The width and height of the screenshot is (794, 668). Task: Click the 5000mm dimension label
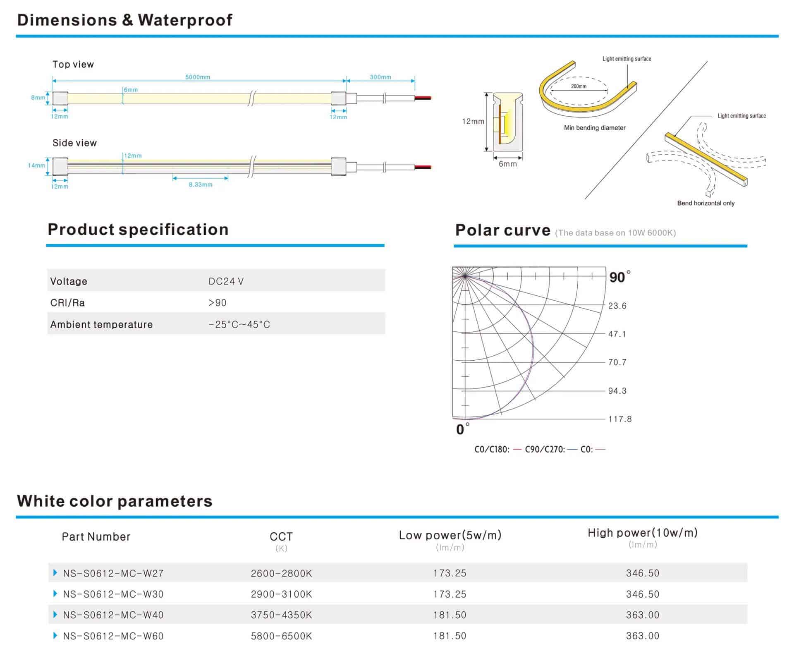(x=197, y=77)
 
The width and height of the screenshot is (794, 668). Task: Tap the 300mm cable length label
(x=380, y=77)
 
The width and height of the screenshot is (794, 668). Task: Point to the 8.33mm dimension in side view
(x=201, y=185)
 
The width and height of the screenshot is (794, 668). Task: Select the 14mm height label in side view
(x=36, y=165)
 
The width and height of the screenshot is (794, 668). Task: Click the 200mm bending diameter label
(x=579, y=86)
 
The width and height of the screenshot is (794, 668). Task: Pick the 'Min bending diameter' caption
(x=595, y=128)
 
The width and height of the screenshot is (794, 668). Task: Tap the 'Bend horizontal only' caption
(x=706, y=203)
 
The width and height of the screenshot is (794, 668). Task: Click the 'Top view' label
(x=73, y=65)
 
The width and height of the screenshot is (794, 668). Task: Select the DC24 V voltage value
(x=226, y=281)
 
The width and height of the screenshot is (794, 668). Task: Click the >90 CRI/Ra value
(x=218, y=303)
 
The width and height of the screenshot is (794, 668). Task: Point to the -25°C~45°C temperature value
(x=239, y=324)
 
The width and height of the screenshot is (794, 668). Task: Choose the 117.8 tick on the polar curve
(x=619, y=419)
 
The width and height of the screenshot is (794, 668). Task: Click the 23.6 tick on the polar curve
(x=617, y=306)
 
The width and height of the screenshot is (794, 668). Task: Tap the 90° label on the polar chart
(x=620, y=277)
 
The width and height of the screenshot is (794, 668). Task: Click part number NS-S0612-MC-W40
(x=113, y=615)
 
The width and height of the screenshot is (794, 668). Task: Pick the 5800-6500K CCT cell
(x=281, y=636)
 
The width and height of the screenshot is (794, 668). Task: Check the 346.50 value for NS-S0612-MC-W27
(x=642, y=573)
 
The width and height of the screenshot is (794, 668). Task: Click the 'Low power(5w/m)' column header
(x=450, y=535)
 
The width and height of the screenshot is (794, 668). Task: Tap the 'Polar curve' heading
(x=502, y=230)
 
